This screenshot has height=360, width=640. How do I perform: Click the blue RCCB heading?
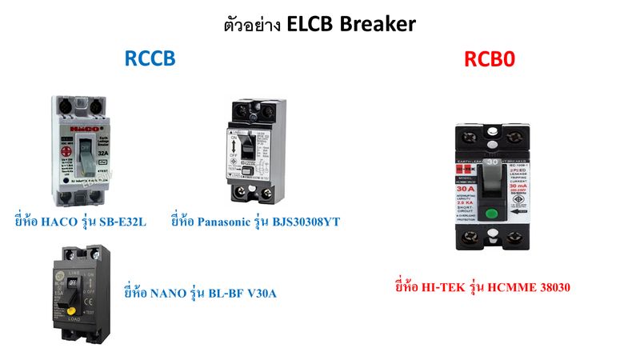(x=150, y=59)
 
